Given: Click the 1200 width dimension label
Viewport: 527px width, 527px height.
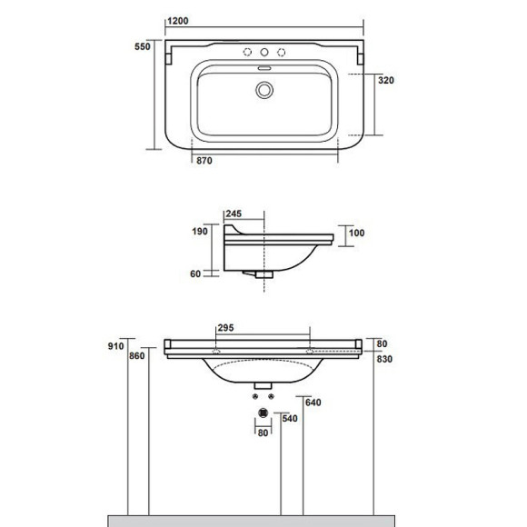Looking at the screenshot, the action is coord(178,21).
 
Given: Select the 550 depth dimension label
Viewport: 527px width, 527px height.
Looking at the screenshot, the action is coord(143,46).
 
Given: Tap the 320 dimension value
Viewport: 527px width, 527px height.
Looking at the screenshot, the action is coord(386,80).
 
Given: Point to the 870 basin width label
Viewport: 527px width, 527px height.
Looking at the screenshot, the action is coord(204,161).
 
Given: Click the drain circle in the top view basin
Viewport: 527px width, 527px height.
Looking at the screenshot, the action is coord(264,90).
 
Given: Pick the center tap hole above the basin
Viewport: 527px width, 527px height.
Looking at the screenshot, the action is coord(264,52).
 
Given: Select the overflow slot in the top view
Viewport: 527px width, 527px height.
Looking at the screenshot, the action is coord(264,68).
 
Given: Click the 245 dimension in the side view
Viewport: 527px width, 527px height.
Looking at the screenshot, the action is coord(234,214).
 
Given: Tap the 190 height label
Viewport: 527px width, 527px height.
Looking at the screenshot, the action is coord(200,231).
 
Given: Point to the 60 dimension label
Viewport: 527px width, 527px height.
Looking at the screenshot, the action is coord(195,273).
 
